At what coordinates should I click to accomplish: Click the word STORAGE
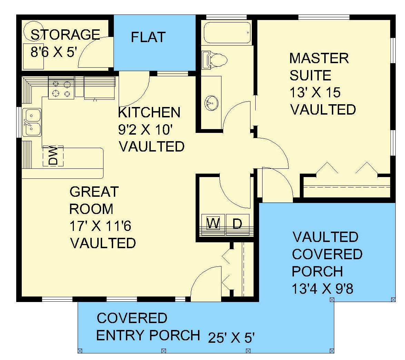point(65,35)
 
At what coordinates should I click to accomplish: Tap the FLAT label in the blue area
point(148,37)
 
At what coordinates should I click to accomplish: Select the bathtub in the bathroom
point(227,33)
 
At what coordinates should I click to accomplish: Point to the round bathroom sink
point(211,103)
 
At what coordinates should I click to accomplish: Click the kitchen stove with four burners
point(61,89)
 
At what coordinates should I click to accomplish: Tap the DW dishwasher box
point(53,156)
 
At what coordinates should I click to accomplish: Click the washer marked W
point(213,224)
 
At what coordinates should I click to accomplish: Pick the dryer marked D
point(237,224)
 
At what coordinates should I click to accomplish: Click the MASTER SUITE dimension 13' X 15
point(315,93)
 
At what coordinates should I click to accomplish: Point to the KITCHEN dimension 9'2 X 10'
point(145,130)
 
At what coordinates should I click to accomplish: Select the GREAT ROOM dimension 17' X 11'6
point(100,226)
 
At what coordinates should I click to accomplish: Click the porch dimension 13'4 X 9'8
point(322,289)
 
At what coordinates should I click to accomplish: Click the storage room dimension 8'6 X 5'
point(53,52)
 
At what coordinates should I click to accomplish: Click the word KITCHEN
point(149,113)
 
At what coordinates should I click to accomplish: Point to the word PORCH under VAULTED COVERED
point(317,271)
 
